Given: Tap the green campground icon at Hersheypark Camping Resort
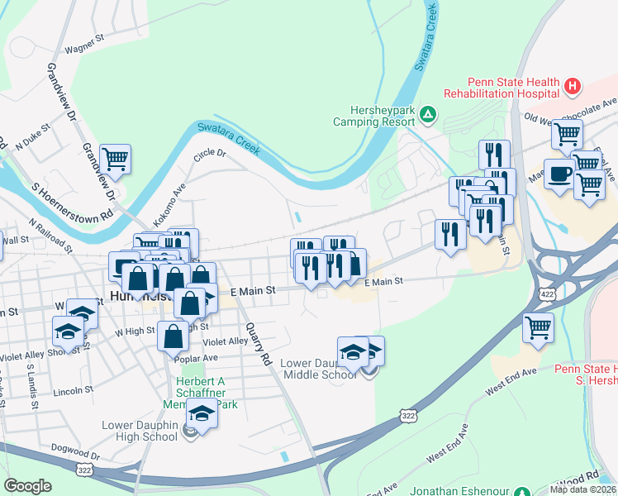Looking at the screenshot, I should pos(428,113).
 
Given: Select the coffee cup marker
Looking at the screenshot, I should pos(559,174).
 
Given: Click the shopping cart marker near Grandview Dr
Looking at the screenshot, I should pos(115,158).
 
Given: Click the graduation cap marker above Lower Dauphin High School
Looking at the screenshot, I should pos(201,413).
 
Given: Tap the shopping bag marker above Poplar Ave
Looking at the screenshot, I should pos(173,336).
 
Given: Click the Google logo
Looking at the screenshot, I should pos(27,486).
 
